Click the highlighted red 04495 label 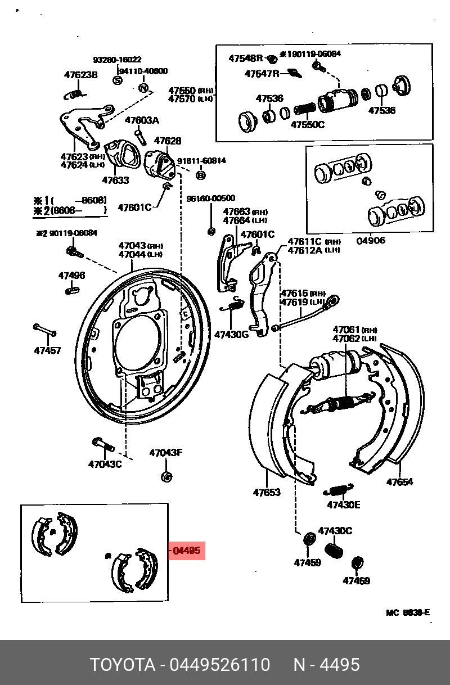pos(187,551)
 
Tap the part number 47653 pos(266,493)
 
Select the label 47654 pos(399,482)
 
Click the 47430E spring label pos(343,504)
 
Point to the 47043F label pos(165,453)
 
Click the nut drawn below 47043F pos(166,477)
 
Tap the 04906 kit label pos(371,240)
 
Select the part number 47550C pos(307,124)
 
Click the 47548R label pos(246,58)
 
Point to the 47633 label pos(115,181)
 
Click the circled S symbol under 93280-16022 pos(118,80)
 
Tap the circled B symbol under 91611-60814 pos(200,175)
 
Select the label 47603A pos(142,120)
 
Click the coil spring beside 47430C pos(335,549)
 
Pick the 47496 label pos(71,276)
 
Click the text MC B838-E pos(407,612)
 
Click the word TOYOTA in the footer pos(123,665)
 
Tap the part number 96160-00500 pos(211,198)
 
